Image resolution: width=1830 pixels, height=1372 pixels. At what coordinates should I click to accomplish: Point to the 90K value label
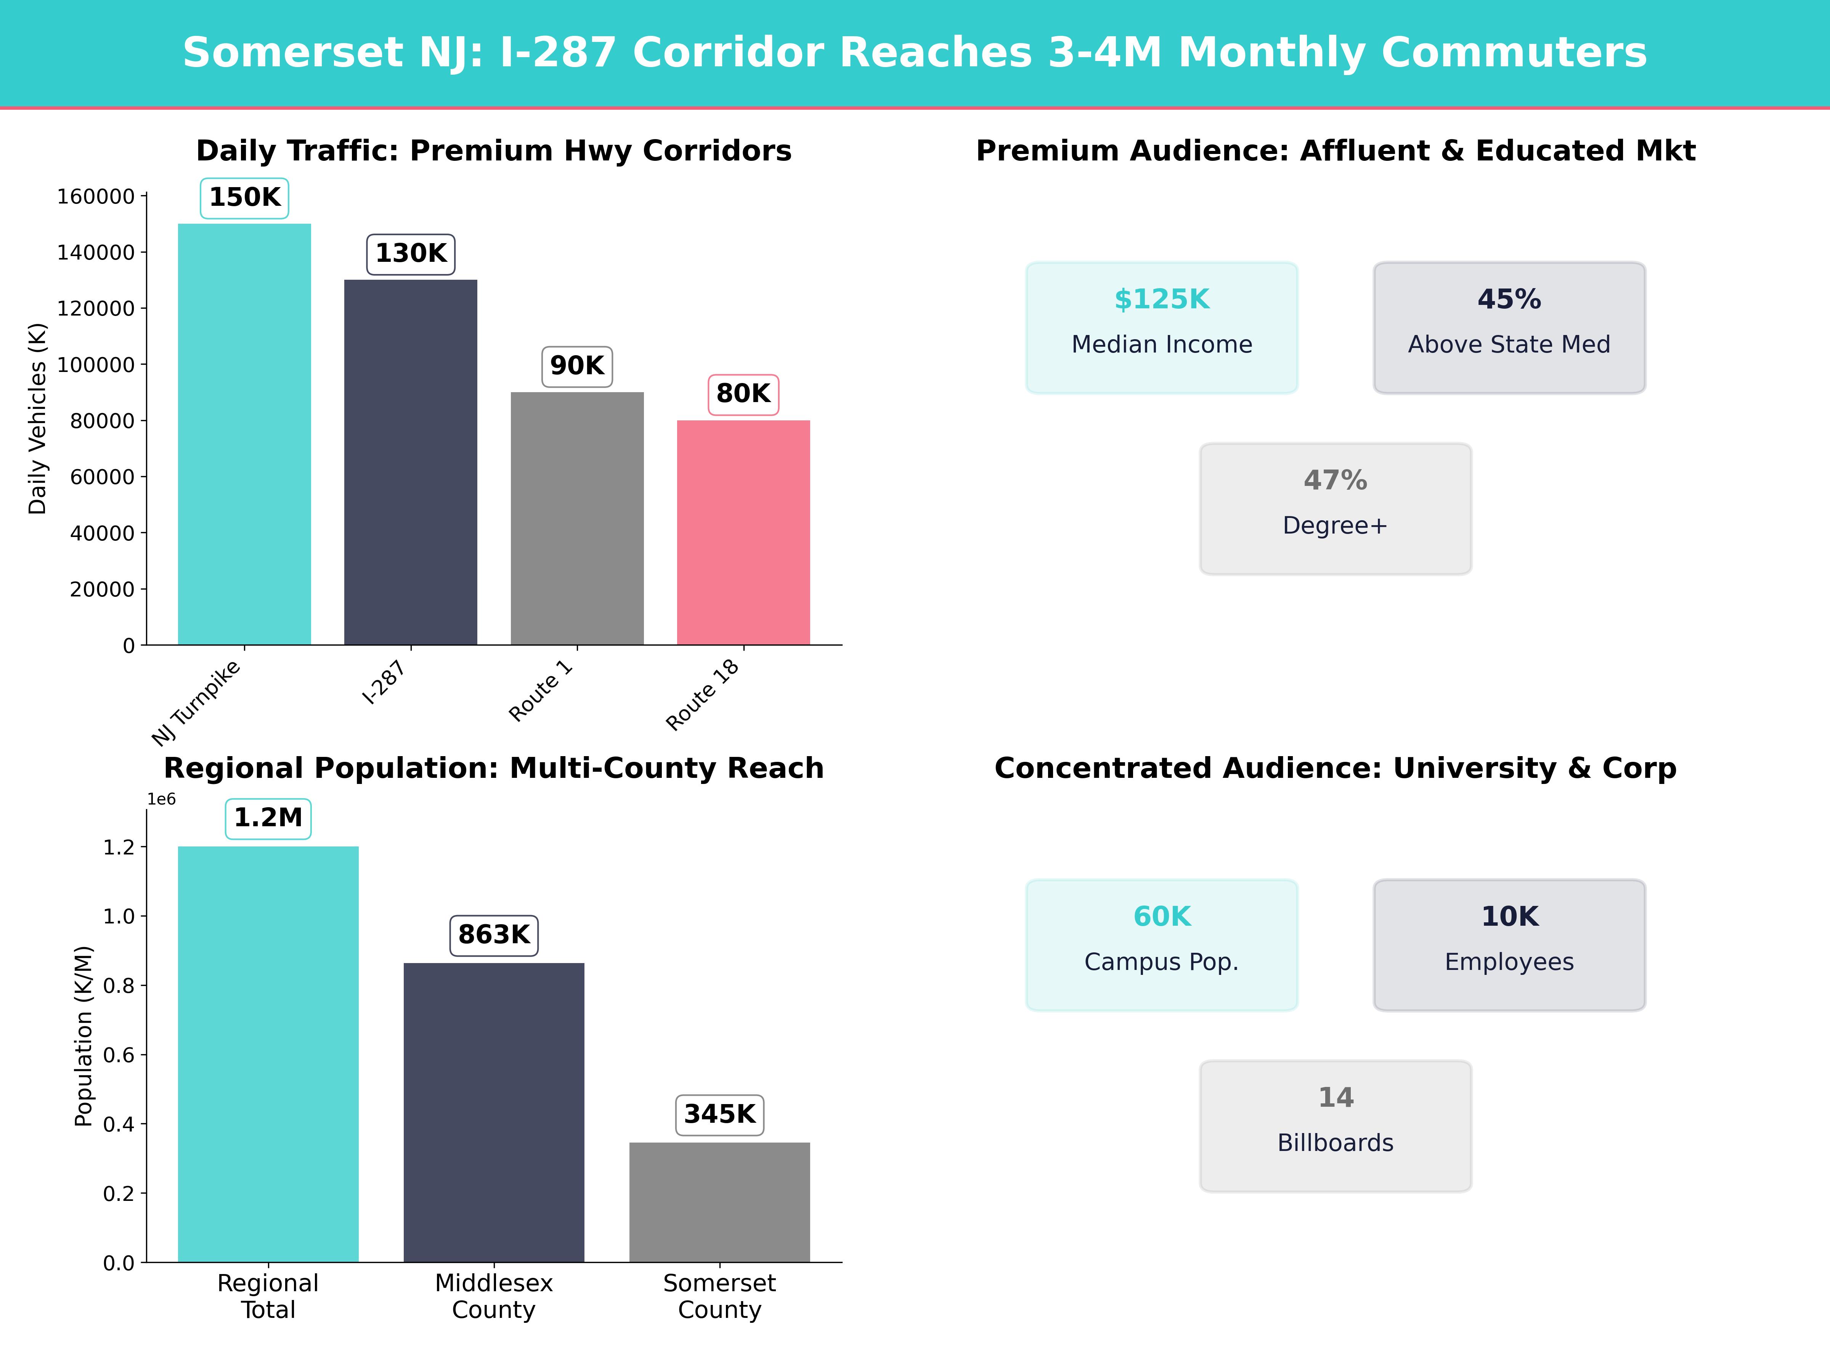[x=576, y=365]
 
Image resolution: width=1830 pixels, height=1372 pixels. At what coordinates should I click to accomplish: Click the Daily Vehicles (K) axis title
[x=37, y=418]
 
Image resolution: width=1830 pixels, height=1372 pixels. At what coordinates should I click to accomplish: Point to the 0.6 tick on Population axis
[x=118, y=1055]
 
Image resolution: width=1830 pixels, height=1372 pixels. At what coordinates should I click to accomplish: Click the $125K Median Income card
[x=1162, y=327]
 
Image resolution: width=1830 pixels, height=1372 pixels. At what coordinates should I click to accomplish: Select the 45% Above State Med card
[x=1509, y=327]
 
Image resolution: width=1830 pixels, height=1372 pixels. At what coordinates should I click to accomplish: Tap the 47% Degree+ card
[x=1335, y=509]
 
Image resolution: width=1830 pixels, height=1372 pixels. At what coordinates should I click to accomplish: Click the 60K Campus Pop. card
[x=1162, y=944]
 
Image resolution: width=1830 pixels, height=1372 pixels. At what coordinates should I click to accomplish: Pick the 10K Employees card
[x=1509, y=944]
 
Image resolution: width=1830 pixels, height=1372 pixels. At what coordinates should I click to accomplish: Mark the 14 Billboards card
[x=1335, y=1125]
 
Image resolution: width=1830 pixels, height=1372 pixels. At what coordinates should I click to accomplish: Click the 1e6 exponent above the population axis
[x=161, y=799]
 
